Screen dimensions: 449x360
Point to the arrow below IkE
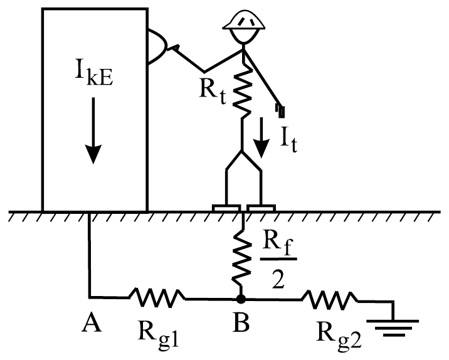(93, 130)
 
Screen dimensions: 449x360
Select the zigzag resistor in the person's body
(243, 91)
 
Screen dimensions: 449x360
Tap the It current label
(288, 139)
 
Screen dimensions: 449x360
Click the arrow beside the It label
(261, 138)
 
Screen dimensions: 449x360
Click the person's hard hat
(244, 20)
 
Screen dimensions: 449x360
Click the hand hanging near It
(280, 110)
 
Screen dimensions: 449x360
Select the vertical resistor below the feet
(242, 258)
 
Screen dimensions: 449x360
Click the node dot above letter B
(241, 299)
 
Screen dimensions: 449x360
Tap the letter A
(92, 322)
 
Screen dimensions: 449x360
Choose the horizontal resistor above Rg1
(157, 298)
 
